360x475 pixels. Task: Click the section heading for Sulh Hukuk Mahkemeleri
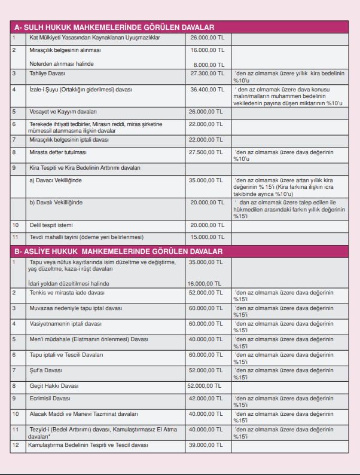[114, 27]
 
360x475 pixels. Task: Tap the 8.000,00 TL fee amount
[208, 64]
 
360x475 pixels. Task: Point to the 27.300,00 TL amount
[206, 73]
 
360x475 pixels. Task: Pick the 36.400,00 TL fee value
[206, 90]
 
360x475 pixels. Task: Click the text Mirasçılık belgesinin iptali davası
[69, 139]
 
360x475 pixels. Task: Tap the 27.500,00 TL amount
[206, 152]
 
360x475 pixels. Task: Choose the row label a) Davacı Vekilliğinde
[56, 180]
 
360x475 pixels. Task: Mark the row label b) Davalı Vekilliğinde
[56, 203]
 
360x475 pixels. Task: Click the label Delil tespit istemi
[51, 225]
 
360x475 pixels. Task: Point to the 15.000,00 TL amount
[206, 237]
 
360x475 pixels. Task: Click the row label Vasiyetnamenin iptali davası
[66, 324]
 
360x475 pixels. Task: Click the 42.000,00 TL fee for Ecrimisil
[206, 398]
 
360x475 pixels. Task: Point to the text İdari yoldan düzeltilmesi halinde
[69, 283]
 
